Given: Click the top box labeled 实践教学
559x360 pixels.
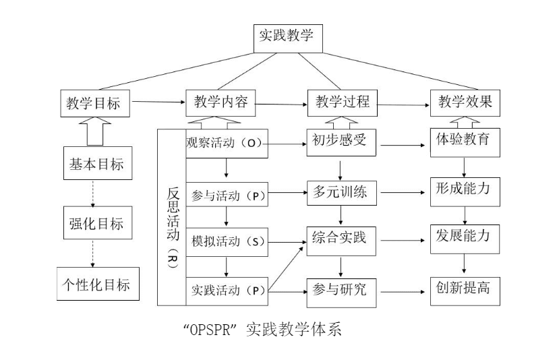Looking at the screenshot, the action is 288,38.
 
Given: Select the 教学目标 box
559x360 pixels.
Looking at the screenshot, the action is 95,103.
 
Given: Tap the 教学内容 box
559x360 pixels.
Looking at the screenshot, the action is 220,103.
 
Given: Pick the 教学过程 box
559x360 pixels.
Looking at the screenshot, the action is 343,103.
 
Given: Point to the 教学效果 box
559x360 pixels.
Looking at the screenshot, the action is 465,103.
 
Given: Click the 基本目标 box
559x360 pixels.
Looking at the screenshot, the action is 98,163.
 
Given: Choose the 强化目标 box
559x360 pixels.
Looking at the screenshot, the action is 98,222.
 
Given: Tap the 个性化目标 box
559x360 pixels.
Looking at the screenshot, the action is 98,284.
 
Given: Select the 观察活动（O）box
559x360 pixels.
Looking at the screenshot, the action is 227,144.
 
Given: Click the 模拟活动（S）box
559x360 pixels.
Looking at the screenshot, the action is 227,242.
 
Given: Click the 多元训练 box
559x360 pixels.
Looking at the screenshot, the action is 341,193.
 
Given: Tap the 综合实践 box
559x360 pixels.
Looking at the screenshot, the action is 341,241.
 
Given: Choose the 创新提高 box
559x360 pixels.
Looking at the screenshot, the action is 465,291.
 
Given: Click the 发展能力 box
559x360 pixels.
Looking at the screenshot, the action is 465,239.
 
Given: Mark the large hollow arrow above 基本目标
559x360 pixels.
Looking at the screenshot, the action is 95,132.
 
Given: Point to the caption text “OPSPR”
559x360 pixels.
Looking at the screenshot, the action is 210,330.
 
